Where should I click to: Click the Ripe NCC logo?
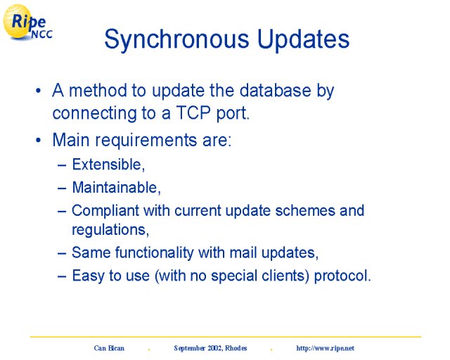[x=27, y=22]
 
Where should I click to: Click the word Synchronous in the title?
[x=176, y=40]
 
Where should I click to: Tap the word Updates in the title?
[x=303, y=39]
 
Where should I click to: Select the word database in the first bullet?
[x=275, y=91]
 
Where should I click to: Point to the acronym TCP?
[x=193, y=112]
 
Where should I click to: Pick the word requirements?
[x=146, y=141]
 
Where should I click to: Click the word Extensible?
[x=108, y=165]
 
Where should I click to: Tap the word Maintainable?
[x=116, y=188]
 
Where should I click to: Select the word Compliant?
[x=105, y=212]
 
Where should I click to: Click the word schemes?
[x=305, y=210]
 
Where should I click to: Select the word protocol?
[x=342, y=276]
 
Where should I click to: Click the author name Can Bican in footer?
[x=109, y=348]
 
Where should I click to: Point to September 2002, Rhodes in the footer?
[x=210, y=348]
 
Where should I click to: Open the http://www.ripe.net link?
[x=325, y=348]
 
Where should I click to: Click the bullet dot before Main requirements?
[x=39, y=141]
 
